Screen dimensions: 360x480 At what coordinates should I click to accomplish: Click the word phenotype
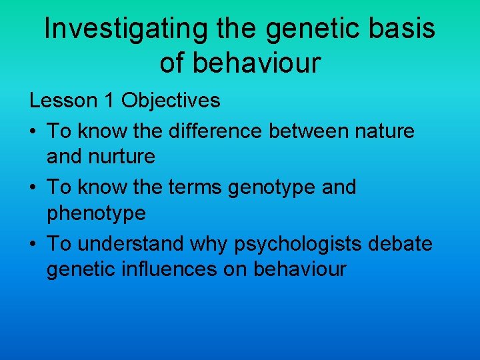coord(96,213)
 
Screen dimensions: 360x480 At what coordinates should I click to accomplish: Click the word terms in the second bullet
coord(195,188)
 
